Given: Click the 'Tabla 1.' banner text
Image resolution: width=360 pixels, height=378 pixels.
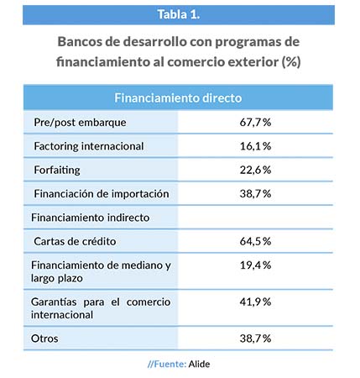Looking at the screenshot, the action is pos(179,14).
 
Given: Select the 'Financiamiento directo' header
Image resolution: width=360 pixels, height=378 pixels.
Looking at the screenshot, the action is pos(178,98).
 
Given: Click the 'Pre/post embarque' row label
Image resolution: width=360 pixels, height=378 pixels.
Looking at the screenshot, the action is pos(80,123).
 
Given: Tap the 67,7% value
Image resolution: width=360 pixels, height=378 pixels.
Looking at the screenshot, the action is pos(255,123).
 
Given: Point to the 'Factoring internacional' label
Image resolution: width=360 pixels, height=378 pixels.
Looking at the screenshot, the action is pos(89,146).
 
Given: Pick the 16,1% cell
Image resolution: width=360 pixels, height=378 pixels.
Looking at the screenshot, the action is pos(255,146).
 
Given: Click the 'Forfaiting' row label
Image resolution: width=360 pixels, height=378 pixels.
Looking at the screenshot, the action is pos(57,171).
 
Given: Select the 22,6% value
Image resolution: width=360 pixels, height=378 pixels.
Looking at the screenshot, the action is pos(255,170).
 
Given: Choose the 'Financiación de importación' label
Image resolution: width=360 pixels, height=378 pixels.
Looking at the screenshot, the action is pos(102,194).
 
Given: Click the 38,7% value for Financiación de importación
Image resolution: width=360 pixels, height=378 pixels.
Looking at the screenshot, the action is pos(255,194).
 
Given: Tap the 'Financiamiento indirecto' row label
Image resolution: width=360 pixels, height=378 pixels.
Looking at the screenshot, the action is pos(91,218).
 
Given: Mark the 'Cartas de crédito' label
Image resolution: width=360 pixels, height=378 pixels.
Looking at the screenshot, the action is pos(75,241).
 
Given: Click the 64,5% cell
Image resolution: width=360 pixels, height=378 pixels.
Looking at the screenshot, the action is pos(255,241).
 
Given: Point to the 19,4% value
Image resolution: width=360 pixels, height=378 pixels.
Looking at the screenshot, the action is pos(255,265).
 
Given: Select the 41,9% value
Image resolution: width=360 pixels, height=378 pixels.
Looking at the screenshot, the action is pos(255,302).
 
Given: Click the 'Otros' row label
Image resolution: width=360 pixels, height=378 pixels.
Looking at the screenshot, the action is pos(44,339).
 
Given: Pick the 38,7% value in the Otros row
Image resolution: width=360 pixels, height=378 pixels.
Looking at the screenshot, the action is pos(255,339).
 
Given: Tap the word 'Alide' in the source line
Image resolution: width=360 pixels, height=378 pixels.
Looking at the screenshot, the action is pos(199,364).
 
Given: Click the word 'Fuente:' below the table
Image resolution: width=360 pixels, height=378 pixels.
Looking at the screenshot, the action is pos(170,364).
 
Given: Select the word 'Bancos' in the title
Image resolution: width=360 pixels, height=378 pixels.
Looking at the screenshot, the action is pos(80,42).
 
